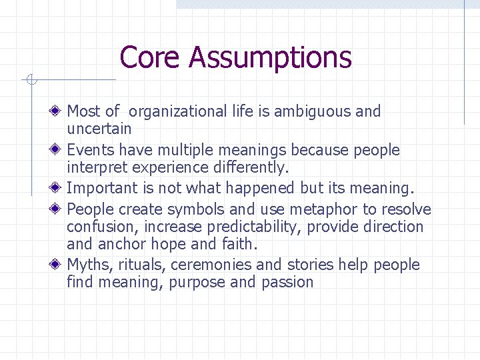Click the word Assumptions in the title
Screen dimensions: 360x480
point(270,57)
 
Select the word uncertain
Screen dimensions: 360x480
point(99,128)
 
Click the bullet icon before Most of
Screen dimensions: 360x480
point(59,111)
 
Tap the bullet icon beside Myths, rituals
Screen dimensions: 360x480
point(59,264)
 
